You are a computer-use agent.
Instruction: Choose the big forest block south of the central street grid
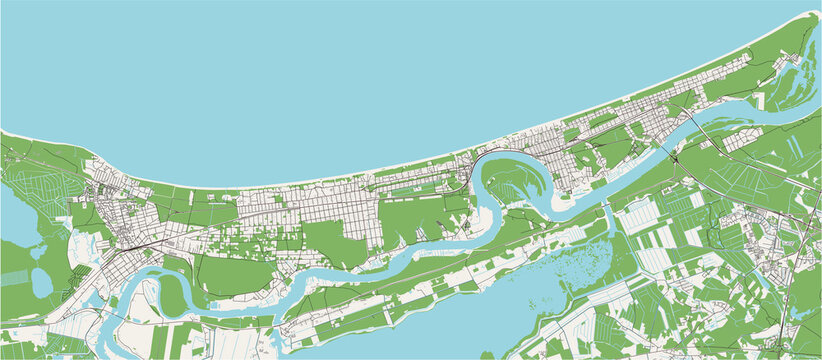tap(330, 240)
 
